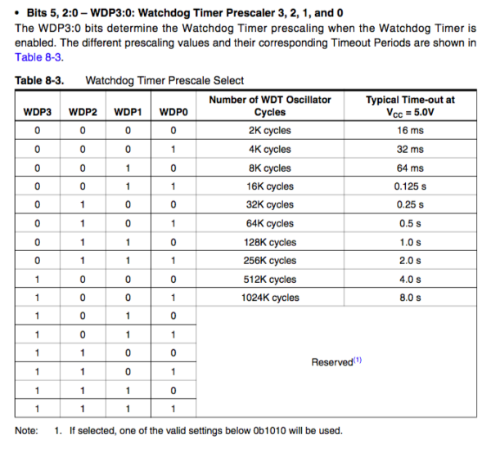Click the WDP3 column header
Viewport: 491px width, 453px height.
click(x=38, y=111)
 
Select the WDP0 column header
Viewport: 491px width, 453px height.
click(x=172, y=111)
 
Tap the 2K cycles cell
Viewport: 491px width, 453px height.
click(x=270, y=130)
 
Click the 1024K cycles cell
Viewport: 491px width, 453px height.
click(x=270, y=298)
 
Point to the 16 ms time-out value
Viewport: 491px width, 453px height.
click(x=410, y=130)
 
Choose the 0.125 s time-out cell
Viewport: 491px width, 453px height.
click(x=410, y=186)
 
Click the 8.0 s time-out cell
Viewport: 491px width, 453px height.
click(x=410, y=298)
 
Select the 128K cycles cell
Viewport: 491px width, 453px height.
click(x=270, y=242)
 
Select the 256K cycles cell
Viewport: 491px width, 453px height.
click(x=270, y=261)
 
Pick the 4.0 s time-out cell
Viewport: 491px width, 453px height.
click(x=410, y=279)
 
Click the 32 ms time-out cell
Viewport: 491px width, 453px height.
click(x=410, y=149)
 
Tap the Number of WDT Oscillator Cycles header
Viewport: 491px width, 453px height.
click(x=270, y=105)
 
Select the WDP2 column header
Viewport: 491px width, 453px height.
click(x=83, y=111)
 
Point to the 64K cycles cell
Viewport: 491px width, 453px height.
click(x=270, y=223)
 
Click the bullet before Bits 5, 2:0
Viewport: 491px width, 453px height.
click(x=19, y=14)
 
